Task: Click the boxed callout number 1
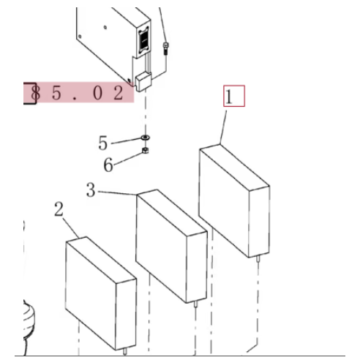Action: click(x=233, y=97)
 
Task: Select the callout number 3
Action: click(x=91, y=191)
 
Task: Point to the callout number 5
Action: click(x=104, y=140)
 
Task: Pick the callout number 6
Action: click(x=108, y=164)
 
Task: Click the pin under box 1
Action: click(x=258, y=257)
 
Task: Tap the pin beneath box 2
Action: click(x=126, y=350)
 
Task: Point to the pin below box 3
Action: click(x=195, y=305)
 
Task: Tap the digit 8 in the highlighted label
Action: click(x=33, y=94)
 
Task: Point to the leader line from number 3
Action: click(x=117, y=193)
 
